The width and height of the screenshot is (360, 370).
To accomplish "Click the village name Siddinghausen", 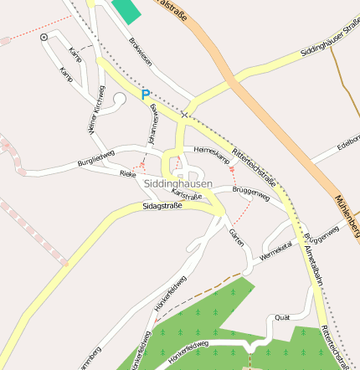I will (x=177, y=182).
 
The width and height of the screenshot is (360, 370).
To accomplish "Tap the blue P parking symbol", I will (x=146, y=95).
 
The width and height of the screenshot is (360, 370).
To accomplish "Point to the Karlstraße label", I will (x=187, y=194).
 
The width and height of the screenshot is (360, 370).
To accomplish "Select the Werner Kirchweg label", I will (x=95, y=110).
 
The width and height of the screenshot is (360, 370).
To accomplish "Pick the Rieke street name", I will (x=128, y=174).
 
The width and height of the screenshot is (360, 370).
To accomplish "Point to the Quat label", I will (x=282, y=317).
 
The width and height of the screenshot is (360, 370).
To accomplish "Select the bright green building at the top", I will (x=126, y=11).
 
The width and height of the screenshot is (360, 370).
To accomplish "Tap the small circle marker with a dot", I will (x=44, y=38).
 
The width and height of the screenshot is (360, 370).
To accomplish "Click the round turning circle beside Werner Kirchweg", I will (x=119, y=100).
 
